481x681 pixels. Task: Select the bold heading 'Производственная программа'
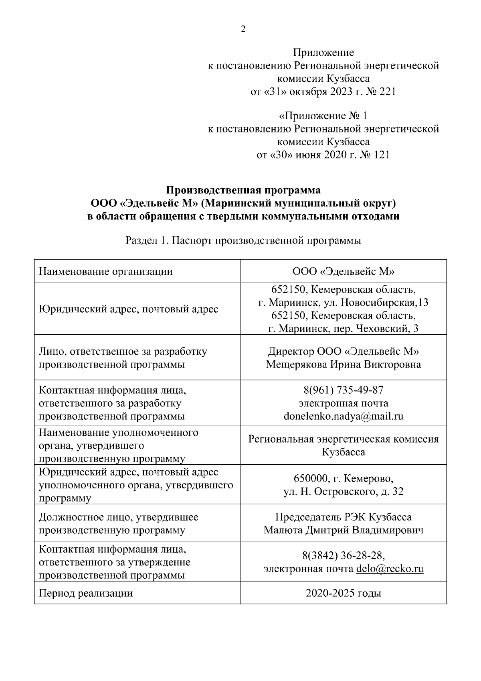[x=243, y=190]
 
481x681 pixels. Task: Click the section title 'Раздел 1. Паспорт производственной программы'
[x=243, y=240]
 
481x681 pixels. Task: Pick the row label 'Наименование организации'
[x=106, y=272]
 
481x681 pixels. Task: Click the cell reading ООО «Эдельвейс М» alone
[x=344, y=272]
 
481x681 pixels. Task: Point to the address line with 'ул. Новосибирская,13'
[x=344, y=302]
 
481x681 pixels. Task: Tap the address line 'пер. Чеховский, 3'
[x=344, y=329]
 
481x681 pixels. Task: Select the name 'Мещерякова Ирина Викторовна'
[x=344, y=364]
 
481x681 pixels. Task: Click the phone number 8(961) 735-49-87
[x=344, y=390]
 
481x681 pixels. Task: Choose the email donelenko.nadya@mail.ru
[x=344, y=416]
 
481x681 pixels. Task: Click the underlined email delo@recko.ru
[x=390, y=569]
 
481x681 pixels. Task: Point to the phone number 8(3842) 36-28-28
[x=344, y=556]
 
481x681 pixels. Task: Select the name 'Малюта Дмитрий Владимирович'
[x=344, y=530]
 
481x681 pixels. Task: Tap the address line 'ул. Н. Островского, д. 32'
[x=344, y=492]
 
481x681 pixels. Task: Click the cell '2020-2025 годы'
[x=344, y=593]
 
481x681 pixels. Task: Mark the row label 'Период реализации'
[x=86, y=593]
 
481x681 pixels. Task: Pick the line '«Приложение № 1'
[x=323, y=116]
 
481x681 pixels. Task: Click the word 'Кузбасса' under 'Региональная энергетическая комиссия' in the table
[x=344, y=452]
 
